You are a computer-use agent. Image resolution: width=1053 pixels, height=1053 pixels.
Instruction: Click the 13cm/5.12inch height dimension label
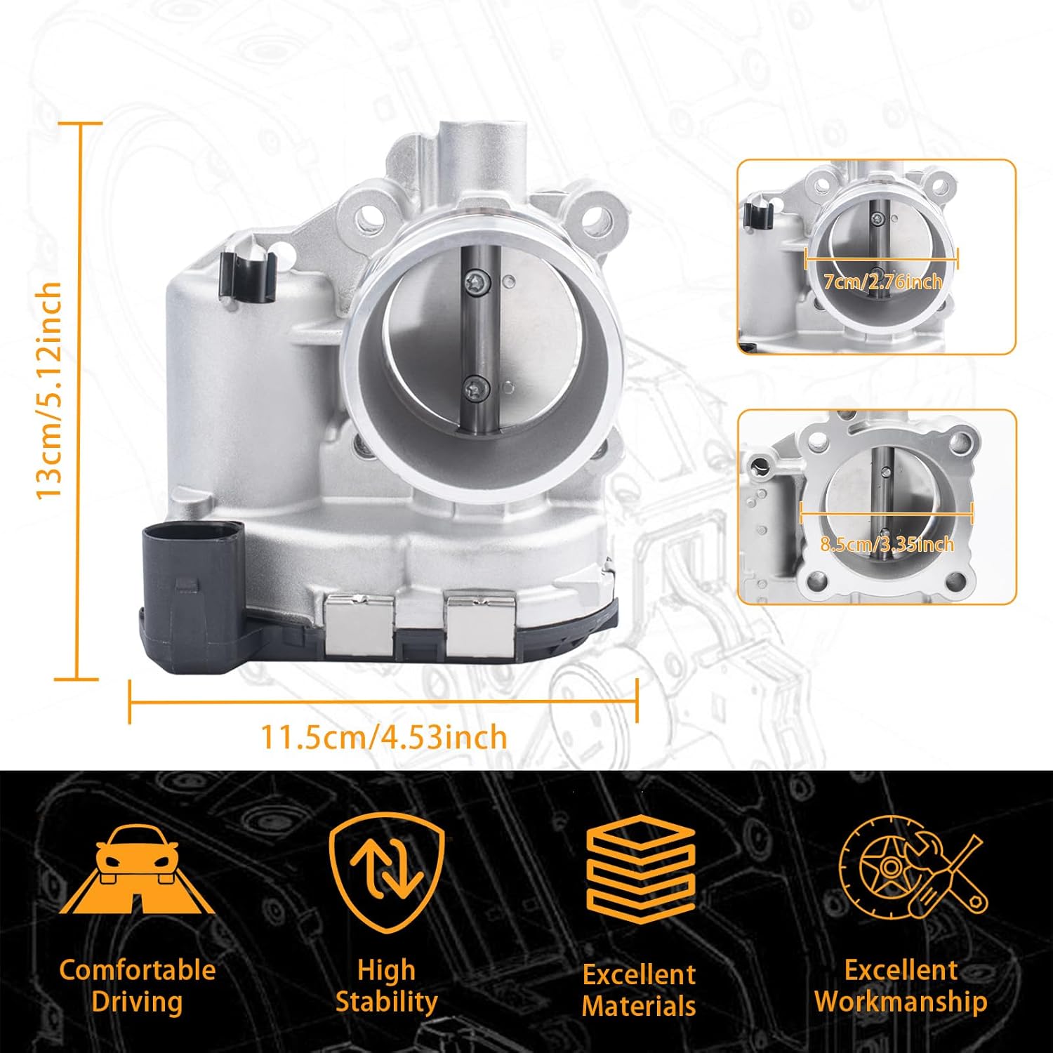pyautogui.click(x=51, y=390)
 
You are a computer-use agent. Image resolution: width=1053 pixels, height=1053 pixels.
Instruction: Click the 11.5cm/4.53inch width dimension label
pyautogui.click(x=383, y=737)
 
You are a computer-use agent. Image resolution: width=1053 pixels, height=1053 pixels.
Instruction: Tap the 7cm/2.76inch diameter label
pyautogui.click(x=882, y=282)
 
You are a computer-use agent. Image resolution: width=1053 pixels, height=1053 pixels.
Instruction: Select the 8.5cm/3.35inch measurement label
pyautogui.click(x=887, y=543)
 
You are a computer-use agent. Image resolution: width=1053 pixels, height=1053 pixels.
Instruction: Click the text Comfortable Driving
pyautogui.click(x=138, y=985)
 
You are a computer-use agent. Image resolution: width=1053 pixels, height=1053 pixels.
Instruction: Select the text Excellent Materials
pyautogui.click(x=639, y=990)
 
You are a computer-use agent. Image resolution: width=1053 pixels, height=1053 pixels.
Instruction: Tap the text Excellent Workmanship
pyautogui.click(x=901, y=985)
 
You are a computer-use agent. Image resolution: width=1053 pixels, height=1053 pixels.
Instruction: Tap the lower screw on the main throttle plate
pyautogui.click(x=474, y=385)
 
